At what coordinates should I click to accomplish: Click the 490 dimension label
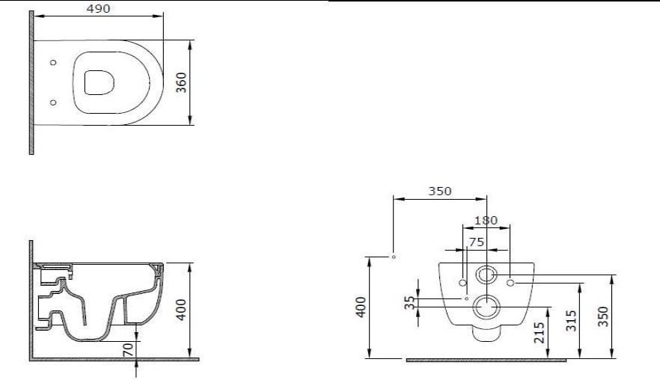click(98, 8)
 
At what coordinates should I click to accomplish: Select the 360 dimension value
click(180, 82)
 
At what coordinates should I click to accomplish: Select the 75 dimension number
click(477, 242)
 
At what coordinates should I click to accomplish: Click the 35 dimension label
click(409, 302)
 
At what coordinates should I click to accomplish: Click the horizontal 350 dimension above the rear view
click(439, 191)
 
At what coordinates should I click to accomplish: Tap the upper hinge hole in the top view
click(53, 63)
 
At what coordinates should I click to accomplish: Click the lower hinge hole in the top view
click(53, 102)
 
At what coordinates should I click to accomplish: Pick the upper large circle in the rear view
click(486, 275)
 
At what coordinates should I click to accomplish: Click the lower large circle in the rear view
click(487, 306)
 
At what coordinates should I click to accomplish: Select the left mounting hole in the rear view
click(462, 283)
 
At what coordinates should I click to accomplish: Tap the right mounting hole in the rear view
click(510, 283)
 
